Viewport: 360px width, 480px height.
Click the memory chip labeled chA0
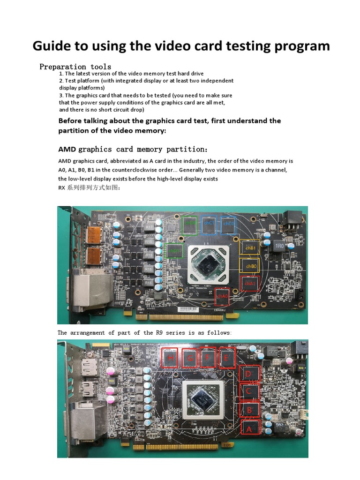click(222, 296)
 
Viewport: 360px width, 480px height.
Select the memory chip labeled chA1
click(248, 284)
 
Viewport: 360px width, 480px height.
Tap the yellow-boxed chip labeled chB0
click(248, 266)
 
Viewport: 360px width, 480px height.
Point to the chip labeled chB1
click(248, 248)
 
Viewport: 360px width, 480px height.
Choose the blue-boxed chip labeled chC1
click(209, 225)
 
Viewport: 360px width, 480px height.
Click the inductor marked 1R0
click(279, 246)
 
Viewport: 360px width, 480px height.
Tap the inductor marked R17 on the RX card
click(150, 226)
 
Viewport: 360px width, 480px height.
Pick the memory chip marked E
click(227, 359)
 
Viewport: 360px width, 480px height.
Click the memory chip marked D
click(248, 374)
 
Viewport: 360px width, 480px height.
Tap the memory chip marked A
click(249, 427)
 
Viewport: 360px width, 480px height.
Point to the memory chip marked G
click(190, 359)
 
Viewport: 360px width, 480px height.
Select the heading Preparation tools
click(75, 67)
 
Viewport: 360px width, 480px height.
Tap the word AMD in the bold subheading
click(67, 149)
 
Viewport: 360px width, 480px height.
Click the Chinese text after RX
click(87, 187)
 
